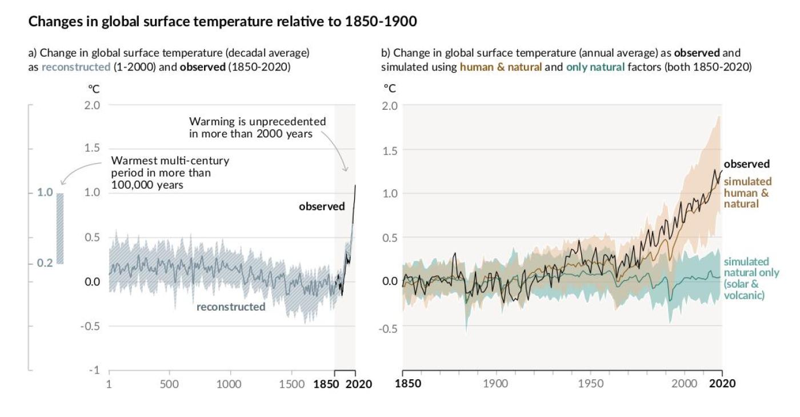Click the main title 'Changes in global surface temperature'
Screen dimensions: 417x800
click(x=222, y=22)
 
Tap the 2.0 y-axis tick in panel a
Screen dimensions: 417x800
click(x=92, y=105)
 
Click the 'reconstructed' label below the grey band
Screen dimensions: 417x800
click(x=231, y=307)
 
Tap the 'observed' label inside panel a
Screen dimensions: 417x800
click(x=322, y=206)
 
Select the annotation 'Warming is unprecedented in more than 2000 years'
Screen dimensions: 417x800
click(x=258, y=128)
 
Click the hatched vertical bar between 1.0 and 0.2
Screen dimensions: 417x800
click(x=60, y=228)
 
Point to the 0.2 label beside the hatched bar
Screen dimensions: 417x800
click(x=45, y=263)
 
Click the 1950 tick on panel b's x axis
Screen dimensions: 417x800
click(x=590, y=383)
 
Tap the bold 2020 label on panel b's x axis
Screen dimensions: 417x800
click(x=722, y=383)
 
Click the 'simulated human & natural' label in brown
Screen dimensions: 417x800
click(x=746, y=193)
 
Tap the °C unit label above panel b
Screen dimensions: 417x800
click(x=389, y=89)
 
